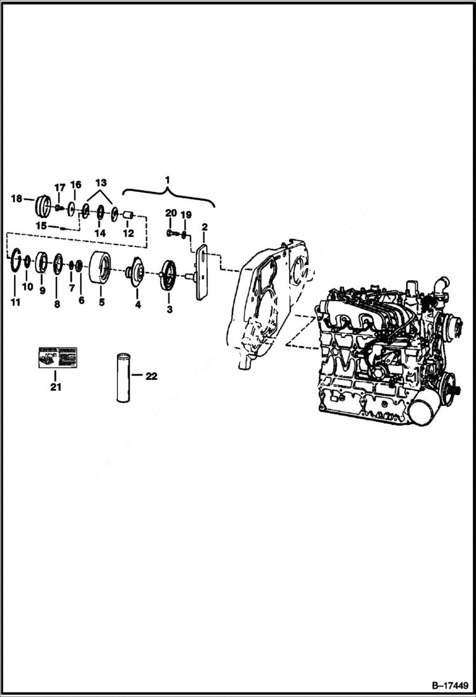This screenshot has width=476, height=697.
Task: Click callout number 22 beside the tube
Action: tap(151, 376)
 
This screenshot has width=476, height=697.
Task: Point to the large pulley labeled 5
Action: tap(100, 268)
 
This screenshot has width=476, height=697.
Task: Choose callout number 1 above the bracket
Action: tap(168, 180)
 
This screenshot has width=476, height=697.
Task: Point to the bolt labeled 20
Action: tap(170, 233)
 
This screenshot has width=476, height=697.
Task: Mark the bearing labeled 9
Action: tap(41, 261)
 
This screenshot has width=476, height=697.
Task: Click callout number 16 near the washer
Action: tap(76, 185)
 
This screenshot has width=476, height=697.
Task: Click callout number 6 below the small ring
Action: tap(81, 300)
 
